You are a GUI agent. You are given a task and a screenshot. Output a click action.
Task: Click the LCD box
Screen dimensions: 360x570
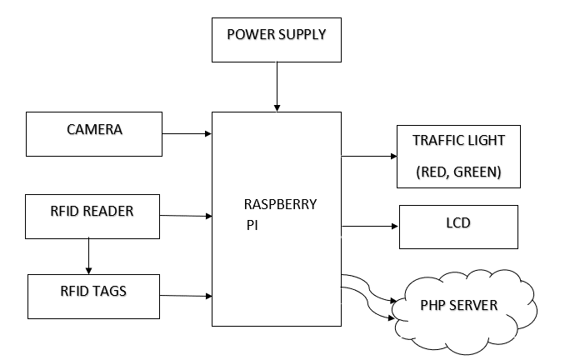[x=459, y=226]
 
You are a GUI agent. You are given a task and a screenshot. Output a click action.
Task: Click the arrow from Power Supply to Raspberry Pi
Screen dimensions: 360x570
[x=277, y=87]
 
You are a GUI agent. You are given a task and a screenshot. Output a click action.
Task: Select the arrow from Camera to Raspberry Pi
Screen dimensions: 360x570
[x=187, y=132]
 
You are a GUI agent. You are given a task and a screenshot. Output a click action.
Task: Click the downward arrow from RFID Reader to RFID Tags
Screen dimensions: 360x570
[x=88, y=254]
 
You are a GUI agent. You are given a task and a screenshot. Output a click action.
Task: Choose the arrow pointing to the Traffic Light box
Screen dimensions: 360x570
[x=369, y=156]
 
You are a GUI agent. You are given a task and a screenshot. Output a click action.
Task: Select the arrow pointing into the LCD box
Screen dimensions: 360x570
[x=370, y=225]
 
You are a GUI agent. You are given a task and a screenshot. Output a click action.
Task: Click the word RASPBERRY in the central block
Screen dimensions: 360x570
[x=280, y=205]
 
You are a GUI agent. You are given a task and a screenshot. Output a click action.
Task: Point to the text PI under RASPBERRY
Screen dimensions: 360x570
[x=252, y=225]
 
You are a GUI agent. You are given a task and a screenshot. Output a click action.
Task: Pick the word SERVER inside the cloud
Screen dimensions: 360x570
[x=479, y=305]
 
